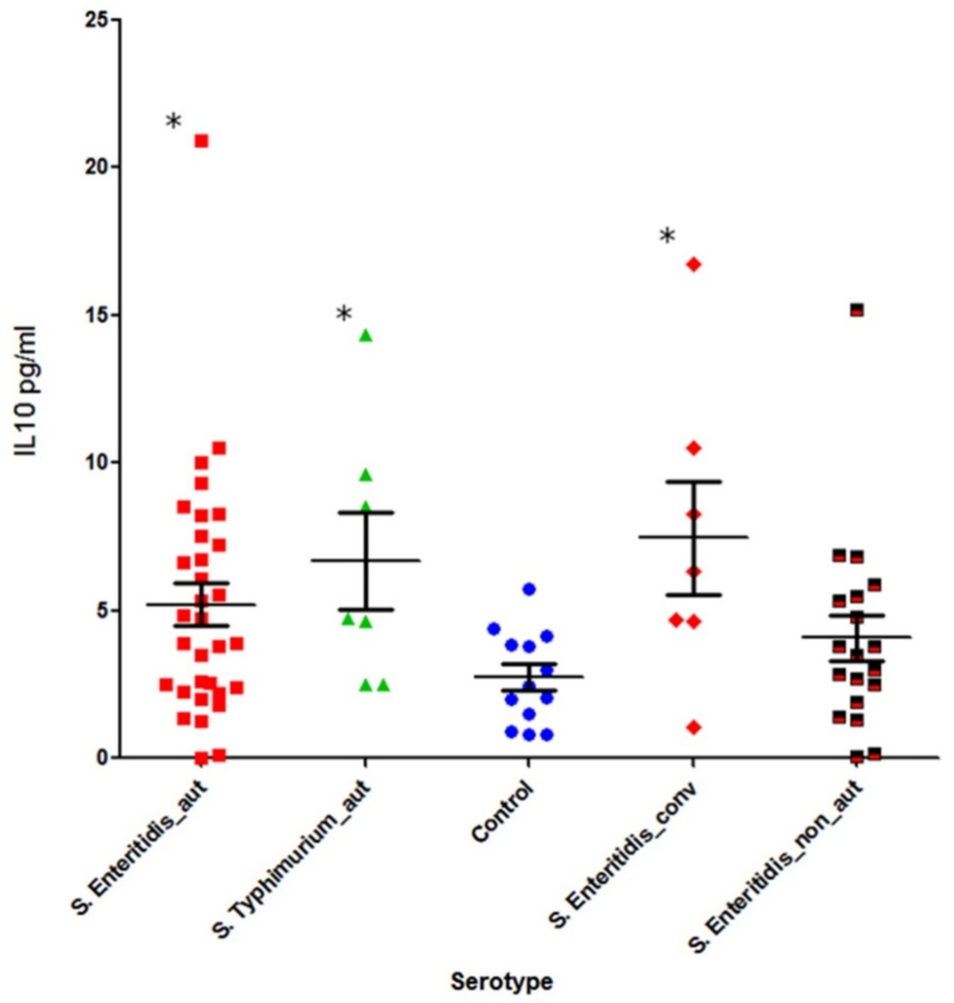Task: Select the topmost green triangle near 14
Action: click(366, 336)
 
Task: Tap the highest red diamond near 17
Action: click(694, 264)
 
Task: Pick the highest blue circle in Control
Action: click(529, 589)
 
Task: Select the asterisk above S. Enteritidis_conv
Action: click(667, 236)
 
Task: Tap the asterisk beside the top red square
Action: click(173, 122)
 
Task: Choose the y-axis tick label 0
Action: click(104, 758)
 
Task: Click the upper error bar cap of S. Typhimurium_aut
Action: click(366, 512)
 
